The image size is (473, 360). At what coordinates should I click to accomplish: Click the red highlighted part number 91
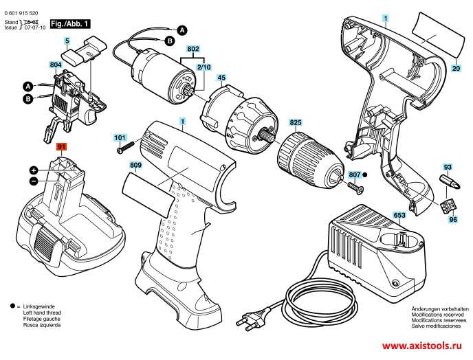(x=62, y=147)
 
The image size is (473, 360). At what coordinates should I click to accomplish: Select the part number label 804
(x=56, y=65)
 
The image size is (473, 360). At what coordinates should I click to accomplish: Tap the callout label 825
(x=296, y=122)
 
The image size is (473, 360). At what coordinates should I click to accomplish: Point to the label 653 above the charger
(x=399, y=215)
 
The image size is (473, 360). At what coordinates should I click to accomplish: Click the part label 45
(x=221, y=78)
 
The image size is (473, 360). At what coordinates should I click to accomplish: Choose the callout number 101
(x=120, y=138)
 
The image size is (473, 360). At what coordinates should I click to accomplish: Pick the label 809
(x=135, y=165)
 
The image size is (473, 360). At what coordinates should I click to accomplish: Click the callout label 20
(x=456, y=68)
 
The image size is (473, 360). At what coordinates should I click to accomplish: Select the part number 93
(x=448, y=167)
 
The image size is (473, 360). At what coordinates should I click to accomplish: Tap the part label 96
(x=453, y=219)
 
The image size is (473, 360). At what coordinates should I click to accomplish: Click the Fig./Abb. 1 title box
(x=70, y=24)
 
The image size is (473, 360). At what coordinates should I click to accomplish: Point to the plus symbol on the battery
(x=34, y=170)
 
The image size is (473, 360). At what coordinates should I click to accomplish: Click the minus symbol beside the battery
(x=34, y=181)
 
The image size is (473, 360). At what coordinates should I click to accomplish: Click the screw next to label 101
(x=126, y=148)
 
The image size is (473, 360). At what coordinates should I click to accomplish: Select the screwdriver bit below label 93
(x=451, y=182)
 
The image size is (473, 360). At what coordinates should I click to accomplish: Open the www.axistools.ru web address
(x=421, y=346)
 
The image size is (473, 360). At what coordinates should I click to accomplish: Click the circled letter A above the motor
(x=182, y=30)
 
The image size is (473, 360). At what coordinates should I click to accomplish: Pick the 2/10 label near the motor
(x=204, y=67)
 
